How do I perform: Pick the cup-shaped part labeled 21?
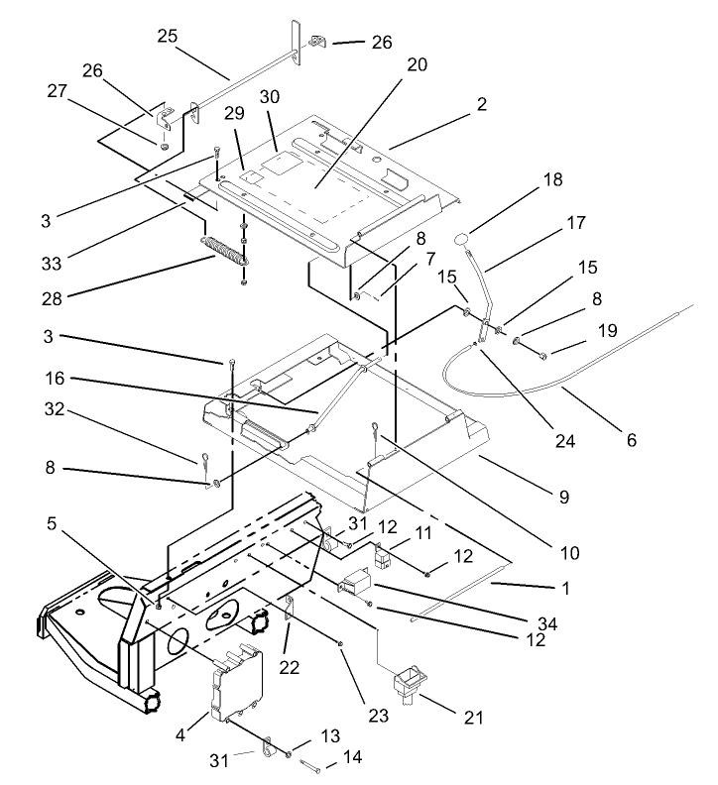point(408,685)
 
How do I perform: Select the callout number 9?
point(562,498)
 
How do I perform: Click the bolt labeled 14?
point(309,763)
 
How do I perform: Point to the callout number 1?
point(565,588)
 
